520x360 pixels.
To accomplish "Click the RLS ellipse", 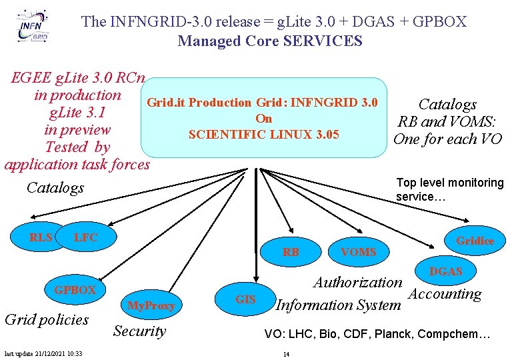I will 41,237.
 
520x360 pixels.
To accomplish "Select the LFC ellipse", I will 87,237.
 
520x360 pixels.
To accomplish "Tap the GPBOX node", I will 75,290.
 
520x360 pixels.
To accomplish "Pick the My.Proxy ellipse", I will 151,305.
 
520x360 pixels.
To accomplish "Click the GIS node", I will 246,299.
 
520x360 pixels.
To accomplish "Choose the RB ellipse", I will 291,251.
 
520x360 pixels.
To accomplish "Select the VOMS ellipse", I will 358,251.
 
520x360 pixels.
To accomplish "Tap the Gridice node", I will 474,241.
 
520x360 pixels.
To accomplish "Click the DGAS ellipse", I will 445,271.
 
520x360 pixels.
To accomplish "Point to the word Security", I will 139,331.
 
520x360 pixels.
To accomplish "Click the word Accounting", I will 445,294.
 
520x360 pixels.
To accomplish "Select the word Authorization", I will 358,283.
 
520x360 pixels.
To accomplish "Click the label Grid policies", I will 46,319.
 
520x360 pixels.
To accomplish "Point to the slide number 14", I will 286,353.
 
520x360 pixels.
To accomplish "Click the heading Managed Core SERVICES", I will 270,41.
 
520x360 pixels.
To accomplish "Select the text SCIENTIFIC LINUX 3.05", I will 264,135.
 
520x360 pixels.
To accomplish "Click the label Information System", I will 338,305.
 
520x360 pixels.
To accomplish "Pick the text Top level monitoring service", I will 450,189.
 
